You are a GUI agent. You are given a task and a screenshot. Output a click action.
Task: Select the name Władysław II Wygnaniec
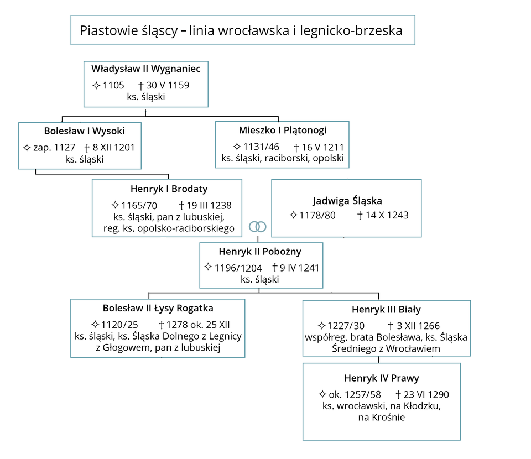click(146, 69)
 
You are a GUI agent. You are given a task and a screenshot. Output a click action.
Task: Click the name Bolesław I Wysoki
click(84, 131)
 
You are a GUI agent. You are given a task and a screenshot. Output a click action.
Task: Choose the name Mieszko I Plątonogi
click(283, 131)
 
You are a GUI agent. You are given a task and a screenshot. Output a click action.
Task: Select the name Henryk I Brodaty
click(169, 189)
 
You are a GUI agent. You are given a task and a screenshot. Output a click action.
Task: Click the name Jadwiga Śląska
click(347, 201)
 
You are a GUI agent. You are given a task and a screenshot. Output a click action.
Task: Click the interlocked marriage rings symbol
click(258, 226)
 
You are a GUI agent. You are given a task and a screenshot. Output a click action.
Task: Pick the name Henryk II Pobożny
click(260, 252)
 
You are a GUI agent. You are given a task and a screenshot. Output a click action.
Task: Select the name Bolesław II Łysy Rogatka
click(158, 308)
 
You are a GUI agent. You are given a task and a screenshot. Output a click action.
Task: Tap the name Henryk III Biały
click(386, 310)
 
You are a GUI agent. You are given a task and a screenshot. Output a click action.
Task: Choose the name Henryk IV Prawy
click(382, 379)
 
